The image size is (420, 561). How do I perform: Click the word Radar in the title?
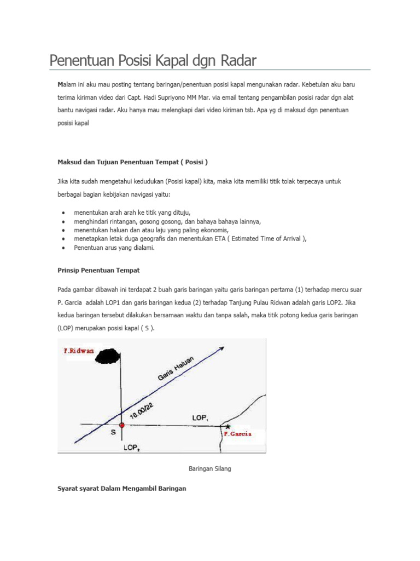click(x=238, y=61)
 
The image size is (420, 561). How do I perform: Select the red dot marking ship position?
click(x=121, y=425)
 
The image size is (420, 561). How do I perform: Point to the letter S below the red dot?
click(x=114, y=433)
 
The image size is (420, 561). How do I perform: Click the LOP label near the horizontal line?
click(x=200, y=417)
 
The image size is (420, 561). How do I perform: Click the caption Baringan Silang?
click(x=209, y=469)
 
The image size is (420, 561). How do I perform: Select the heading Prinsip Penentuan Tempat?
click(x=98, y=270)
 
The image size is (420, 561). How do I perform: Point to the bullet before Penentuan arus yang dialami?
click(x=65, y=248)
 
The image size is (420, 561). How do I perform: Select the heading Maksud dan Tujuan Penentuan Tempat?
click(x=132, y=162)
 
